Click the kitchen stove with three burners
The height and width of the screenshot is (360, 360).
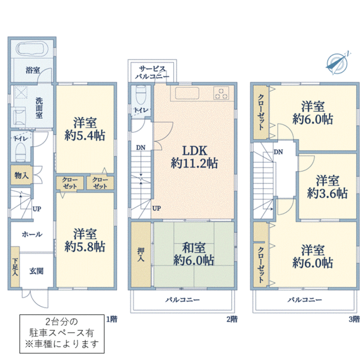(x=220, y=93)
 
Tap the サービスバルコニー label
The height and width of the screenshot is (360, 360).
(x=152, y=73)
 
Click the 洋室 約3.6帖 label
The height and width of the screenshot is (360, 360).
(x=327, y=187)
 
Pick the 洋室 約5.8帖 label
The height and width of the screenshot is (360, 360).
(x=85, y=239)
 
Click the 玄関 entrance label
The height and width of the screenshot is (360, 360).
(x=37, y=271)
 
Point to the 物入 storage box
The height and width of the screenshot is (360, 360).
(x=20, y=175)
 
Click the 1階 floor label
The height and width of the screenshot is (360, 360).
(x=112, y=319)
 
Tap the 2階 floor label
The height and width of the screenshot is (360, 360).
(x=232, y=319)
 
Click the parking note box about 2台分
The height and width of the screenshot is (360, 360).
(x=61, y=334)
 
